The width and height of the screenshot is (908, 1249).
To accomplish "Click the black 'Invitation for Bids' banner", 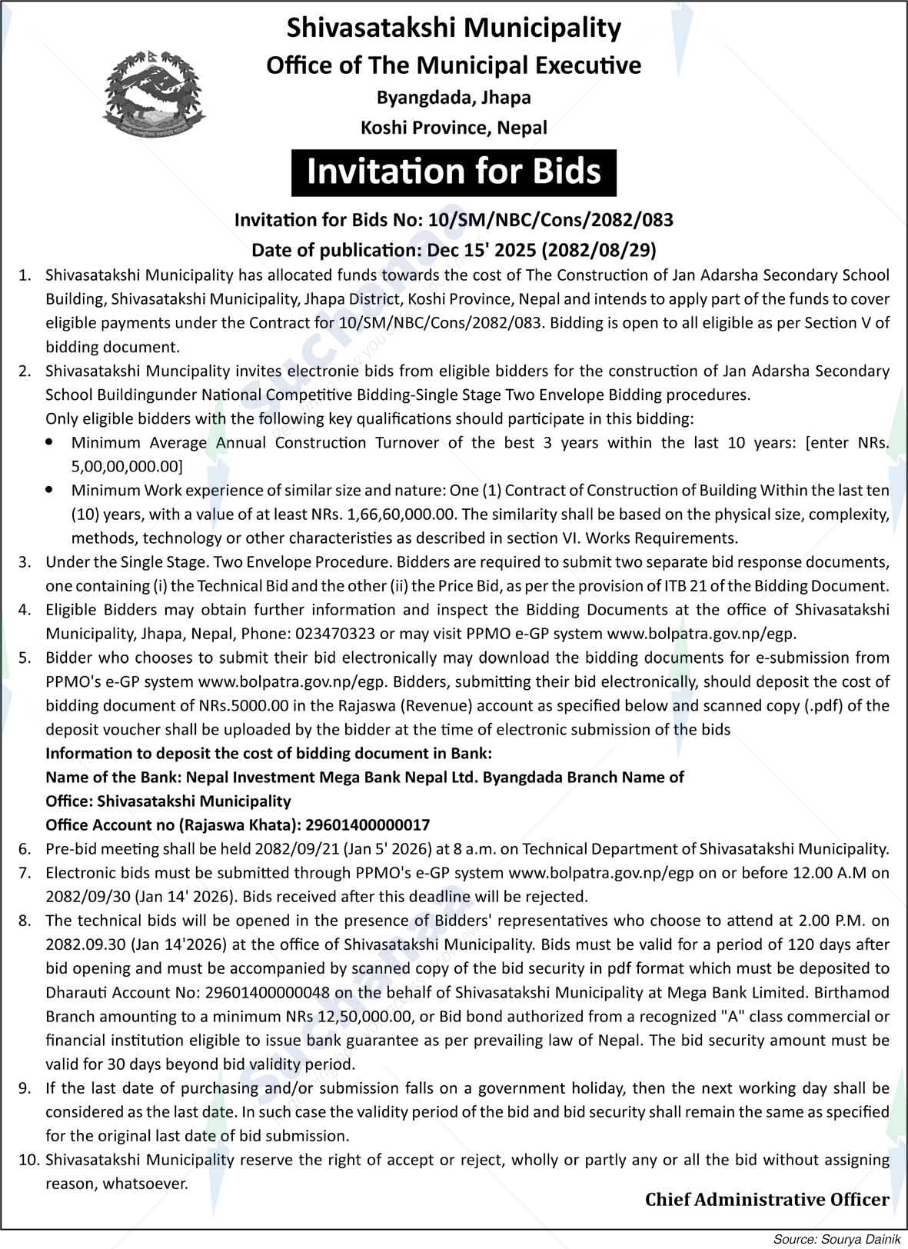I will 454,172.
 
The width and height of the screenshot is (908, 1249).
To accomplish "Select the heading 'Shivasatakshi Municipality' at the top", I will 454,28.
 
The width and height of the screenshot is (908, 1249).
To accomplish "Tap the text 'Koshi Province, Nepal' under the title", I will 454,128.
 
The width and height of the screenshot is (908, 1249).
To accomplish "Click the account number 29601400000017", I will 368,824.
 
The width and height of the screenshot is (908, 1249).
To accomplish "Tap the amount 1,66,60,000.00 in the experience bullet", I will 400,514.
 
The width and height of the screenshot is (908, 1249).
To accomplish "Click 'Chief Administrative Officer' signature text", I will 767,1199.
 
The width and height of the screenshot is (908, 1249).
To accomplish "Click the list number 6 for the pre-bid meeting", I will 25,849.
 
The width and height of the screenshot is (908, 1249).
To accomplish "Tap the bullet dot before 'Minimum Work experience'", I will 50,489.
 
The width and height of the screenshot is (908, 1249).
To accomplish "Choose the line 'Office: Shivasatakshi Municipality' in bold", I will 168,801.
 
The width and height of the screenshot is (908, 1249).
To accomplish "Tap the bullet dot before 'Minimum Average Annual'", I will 50,442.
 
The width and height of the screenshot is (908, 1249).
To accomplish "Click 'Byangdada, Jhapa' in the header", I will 454,98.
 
